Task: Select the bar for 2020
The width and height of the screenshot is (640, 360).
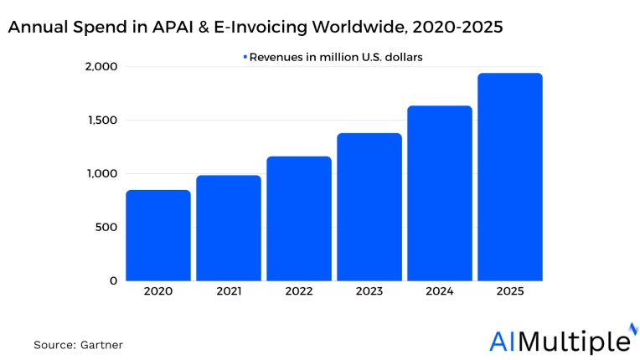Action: (x=158, y=235)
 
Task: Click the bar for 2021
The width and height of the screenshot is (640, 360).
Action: (x=229, y=228)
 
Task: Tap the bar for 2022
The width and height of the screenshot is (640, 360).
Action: (x=299, y=219)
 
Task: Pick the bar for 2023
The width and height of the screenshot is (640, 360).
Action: (x=369, y=207)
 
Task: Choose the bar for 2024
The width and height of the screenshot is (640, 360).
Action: (x=440, y=193)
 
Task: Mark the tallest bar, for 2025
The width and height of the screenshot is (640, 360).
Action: (x=510, y=177)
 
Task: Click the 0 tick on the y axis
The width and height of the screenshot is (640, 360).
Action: (x=114, y=281)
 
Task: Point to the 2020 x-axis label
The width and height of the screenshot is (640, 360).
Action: (x=158, y=292)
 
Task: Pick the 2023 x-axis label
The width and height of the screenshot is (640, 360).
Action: (x=369, y=292)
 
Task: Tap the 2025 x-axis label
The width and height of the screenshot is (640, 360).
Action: (x=510, y=292)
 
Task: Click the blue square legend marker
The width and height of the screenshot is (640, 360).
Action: (x=245, y=57)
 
